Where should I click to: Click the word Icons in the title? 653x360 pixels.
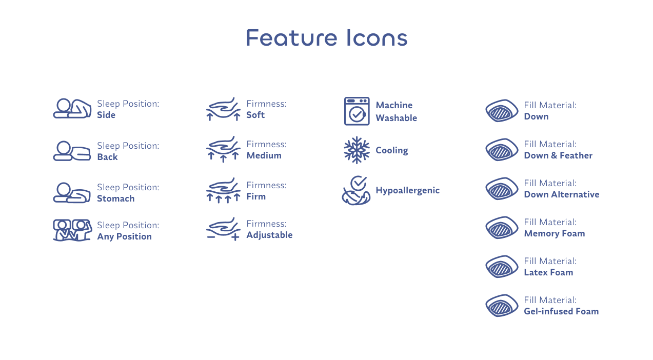coord(377,37)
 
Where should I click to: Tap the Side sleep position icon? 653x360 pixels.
coord(72,108)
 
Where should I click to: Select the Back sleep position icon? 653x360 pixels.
coord(72,151)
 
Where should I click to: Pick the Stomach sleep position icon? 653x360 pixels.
coord(72,192)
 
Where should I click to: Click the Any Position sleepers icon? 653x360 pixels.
coord(72,230)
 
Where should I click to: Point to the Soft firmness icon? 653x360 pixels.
coord(223,109)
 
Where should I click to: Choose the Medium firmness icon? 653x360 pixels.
coord(223,149)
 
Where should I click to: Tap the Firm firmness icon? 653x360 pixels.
coord(223,190)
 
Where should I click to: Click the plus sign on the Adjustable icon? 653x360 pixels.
coord(235,237)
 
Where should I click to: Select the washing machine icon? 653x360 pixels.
coord(357,111)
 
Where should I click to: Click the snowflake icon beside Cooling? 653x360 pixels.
coord(357,150)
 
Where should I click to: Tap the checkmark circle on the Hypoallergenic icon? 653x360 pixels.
coord(359,183)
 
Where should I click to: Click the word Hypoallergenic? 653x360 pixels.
coord(407,191)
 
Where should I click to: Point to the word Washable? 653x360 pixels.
coord(397,118)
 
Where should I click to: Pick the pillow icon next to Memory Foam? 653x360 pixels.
coord(502,228)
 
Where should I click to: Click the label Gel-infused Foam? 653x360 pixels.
coord(561,311)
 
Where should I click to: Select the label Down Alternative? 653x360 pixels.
coord(562,194)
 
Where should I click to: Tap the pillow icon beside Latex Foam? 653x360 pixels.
coord(502,267)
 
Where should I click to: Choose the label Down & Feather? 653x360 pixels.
coord(558,155)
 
